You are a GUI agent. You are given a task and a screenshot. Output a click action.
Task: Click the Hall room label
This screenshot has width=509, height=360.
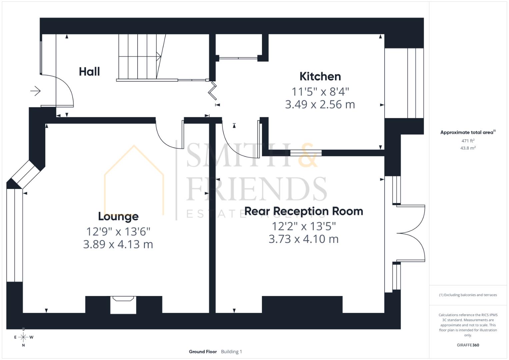[x=89, y=72]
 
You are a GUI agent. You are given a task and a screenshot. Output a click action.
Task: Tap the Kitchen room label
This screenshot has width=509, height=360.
[x=320, y=76]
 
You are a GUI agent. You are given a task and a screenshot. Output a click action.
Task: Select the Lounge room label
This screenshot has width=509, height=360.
[x=118, y=216]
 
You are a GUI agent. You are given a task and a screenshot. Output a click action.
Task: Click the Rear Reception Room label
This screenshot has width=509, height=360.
[x=304, y=211]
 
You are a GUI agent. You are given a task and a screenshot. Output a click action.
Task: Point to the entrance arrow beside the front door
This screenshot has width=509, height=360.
[x=35, y=91]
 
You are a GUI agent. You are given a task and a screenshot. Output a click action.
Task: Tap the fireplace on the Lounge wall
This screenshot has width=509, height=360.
[x=123, y=304]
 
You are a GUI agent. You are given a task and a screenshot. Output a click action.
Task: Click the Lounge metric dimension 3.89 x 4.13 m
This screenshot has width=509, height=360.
[x=118, y=244]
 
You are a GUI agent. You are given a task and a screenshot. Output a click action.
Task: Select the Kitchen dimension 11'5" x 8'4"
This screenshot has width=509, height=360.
[x=320, y=91]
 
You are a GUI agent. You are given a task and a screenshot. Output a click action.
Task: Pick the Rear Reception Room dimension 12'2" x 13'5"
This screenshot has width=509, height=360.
[x=304, y=226]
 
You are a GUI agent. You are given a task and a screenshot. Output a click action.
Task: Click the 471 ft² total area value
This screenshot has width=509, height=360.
[x=468, y=141]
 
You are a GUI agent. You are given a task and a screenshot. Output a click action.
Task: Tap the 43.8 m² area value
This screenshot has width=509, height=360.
[x=468, y=148]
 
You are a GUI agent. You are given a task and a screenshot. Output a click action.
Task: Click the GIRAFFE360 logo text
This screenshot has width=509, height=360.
[x=468, y=345]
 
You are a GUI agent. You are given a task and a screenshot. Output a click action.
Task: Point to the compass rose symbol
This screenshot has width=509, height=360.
[x=23, y=337]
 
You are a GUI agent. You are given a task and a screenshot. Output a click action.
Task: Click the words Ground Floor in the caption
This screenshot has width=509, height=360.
[x=203, y=352]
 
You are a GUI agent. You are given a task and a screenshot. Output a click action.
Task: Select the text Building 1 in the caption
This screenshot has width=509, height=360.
[x=231, y=352]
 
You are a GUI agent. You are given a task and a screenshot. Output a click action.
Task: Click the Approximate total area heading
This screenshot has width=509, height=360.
[x=468, y=132]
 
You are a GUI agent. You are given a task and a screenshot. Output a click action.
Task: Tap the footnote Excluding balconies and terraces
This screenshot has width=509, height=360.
[x=468, y=295]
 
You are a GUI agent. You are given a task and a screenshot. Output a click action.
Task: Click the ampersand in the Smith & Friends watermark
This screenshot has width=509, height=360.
[x=307, y=156]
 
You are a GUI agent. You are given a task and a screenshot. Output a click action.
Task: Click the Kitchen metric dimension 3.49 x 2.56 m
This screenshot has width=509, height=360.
[x=320, y=105]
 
